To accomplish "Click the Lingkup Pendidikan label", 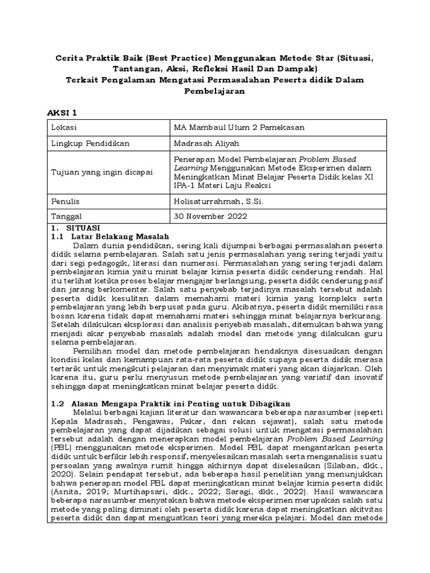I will point(90,143).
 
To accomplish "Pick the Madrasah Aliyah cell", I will point(207,143).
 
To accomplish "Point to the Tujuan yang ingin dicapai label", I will point(101,172).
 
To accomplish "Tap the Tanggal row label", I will point(67,215).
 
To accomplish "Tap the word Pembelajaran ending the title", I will point(215,91).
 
